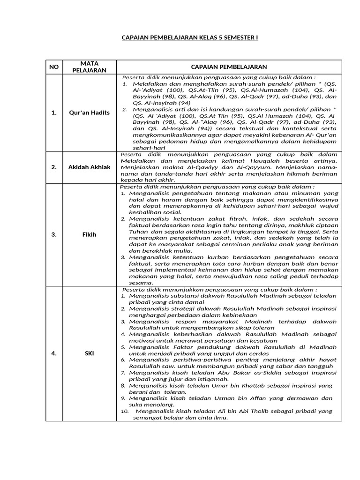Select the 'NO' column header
(x=54, y=67)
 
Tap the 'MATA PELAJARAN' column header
(x=89, y=67)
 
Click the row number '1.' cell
(x=54, y=112)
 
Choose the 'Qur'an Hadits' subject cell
(x=89, y=112)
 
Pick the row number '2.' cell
(x=54, y=167)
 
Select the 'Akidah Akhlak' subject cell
(x=89, y=167)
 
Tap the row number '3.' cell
(x=54, y=234)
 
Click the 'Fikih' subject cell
(x=89, y=234)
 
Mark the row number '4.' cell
(x=54, y=353)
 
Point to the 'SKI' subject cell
(x=89, y=353)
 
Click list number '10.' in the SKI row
(x=125, y=411)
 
